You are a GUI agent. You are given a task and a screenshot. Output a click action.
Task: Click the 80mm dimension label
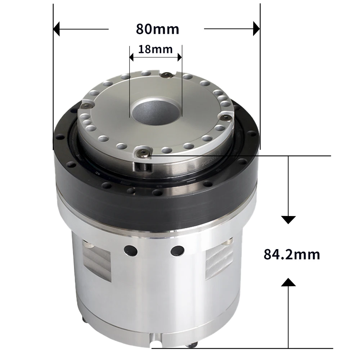157,28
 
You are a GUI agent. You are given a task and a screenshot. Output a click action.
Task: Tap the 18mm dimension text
155,49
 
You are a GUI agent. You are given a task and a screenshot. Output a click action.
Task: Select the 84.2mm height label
292,254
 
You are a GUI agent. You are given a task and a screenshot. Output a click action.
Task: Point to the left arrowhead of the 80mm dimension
57,28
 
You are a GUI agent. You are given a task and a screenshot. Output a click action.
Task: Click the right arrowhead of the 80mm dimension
256,28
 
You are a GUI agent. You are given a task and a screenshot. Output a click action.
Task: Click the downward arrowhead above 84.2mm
288,220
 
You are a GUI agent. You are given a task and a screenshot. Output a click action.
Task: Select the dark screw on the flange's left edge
87,105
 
